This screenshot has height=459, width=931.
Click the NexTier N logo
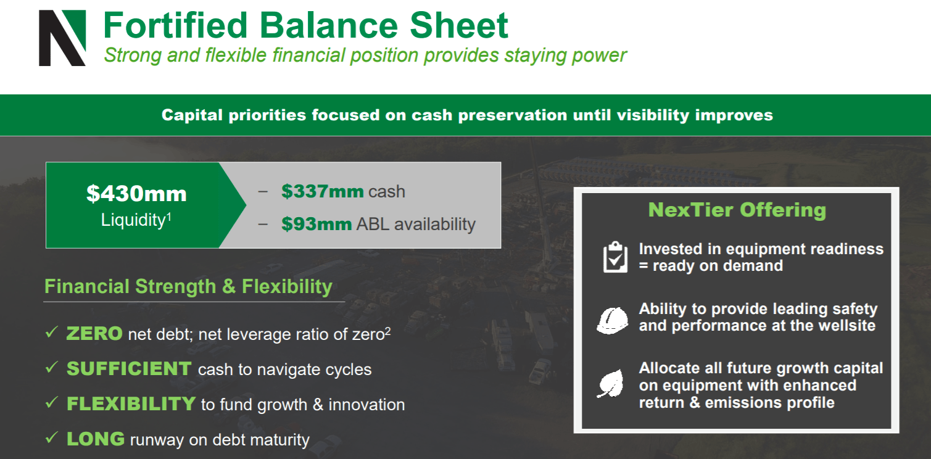tap(62, 38)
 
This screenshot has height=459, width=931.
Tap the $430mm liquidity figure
tap(136, 194)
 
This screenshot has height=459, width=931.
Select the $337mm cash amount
tap(323, 191)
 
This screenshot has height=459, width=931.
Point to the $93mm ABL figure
tap(317, 224)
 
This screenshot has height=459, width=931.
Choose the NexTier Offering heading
tap(737, 210)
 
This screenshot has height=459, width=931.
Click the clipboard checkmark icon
tap(615, 257)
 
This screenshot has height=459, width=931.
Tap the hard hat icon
tap(613, 320)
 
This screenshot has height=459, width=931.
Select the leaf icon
tap(611, 383)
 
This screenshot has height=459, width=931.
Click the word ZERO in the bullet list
tap(94, 333)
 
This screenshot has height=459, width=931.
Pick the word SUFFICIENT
tap(129, 369)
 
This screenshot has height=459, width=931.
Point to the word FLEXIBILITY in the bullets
tap(131, 403)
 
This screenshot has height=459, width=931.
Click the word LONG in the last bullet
tap(96, 439)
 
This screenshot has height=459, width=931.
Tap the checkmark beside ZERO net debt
tap(52, 332)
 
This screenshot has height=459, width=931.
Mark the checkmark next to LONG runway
tap(52, 437)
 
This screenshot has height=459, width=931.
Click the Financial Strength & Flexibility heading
tap(188, 286)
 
